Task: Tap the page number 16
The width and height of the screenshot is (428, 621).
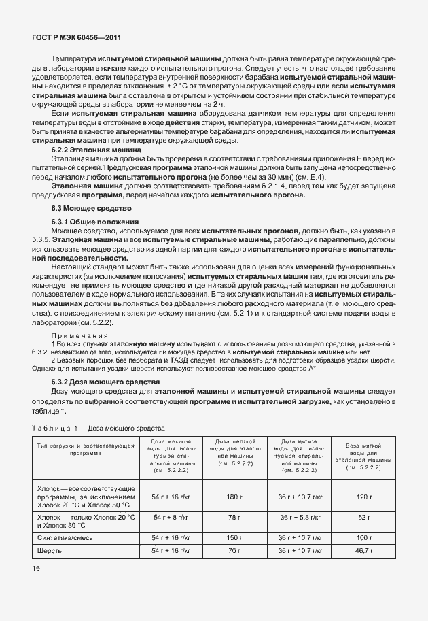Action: [37, 567]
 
